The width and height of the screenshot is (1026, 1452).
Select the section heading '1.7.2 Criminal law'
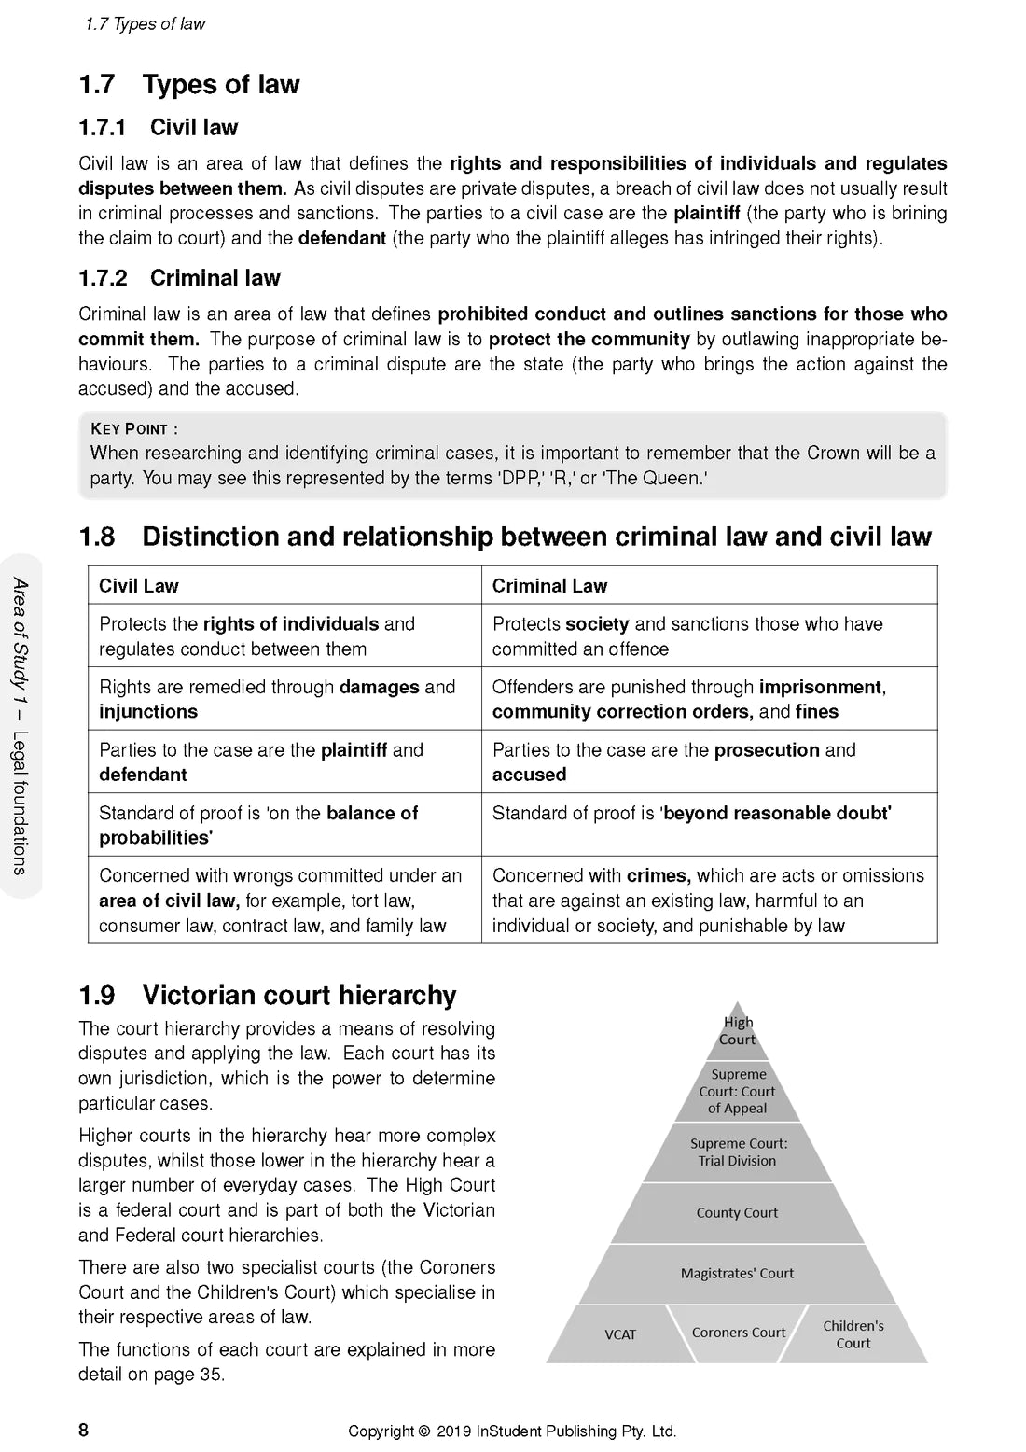tap(179, 278)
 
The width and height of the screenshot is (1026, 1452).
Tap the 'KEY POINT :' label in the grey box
tap(134, 429)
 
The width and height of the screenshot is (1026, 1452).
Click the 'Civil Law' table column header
tap(139, 586)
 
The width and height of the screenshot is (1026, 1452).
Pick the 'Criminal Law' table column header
tap(549, 586)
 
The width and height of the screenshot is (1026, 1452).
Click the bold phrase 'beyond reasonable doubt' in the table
tap(777, 813)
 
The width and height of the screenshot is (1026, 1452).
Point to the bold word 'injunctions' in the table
tap(148, 712)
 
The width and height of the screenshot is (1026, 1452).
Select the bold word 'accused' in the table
tap(529, 775)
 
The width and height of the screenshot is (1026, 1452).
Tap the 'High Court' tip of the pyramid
tap(737, 1031)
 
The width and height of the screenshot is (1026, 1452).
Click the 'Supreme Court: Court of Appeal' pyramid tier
tap(737, 1091)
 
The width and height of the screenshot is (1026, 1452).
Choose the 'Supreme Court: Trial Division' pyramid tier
tap(737, 1152)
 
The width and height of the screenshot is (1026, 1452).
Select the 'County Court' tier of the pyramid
tap(737, 1213)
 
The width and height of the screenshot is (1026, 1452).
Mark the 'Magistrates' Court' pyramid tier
tap(737, 1273)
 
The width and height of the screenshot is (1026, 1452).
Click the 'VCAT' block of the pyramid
tap(620, 1334)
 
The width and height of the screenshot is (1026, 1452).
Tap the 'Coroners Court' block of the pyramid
tap(738, 1333)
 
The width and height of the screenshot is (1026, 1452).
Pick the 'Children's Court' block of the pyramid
tap(853, 1334)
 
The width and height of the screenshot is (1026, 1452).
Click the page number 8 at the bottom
tap(83, 1430)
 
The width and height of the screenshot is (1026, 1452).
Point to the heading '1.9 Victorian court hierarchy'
tap(268, 996)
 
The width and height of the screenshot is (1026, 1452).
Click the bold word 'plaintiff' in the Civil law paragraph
tap(706, 214)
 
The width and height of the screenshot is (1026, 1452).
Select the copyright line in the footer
tap(511, 1431)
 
